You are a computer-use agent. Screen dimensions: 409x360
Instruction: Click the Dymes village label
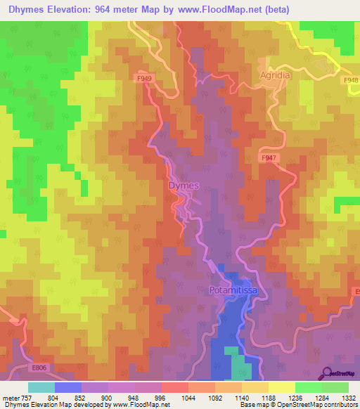(184, 186)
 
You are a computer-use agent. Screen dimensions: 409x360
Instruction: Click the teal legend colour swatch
(41, 387)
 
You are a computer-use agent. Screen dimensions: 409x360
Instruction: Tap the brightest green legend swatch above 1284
(309, 387)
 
